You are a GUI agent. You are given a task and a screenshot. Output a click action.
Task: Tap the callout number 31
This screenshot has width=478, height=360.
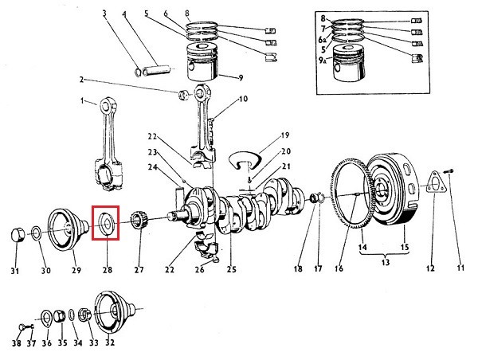click(x=15, y=271)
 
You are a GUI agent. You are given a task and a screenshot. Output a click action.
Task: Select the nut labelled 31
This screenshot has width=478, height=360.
click(x=18, y=235)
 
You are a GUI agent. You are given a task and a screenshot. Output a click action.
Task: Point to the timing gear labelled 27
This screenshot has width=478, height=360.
click(x=139, y=221)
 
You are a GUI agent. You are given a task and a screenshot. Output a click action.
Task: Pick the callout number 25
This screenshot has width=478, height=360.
click(x=231, y=269)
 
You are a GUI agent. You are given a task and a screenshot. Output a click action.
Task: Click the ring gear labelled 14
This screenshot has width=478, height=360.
click(x=351, y=196)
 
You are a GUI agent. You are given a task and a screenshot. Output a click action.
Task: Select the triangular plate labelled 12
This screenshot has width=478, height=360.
click(x=435, y=182)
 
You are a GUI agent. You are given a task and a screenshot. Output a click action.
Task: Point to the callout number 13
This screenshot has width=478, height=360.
click(x=386, y=262)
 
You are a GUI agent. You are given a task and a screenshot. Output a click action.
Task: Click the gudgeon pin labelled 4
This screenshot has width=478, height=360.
click(x=156, y=72)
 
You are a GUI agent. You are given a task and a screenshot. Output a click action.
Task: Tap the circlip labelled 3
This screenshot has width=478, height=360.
click(x=138, y=72)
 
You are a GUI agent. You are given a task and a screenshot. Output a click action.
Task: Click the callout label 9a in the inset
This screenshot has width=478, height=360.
click(x=323, y=61)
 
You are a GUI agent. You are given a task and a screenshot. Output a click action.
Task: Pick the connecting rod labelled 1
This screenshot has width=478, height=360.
click(x=108, y=144)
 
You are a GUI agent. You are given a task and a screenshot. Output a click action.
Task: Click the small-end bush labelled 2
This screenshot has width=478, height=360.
click(x=183, y=95)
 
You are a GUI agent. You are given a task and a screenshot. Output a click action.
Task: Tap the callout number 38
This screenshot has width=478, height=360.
click(x=17, y=343)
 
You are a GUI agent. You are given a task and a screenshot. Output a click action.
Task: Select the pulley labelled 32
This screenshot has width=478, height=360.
click(x=114, y=312)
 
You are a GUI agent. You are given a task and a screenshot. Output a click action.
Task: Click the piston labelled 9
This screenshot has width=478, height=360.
click(x=202, y=62)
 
